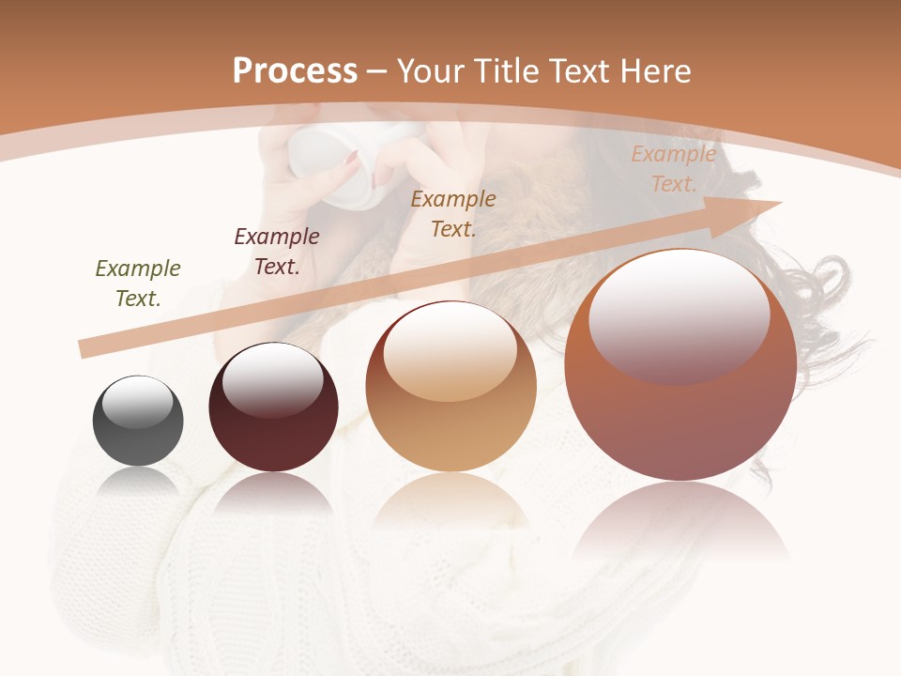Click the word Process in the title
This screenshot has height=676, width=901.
(x=295, y=71)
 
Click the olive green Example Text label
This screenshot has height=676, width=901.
(x=138, y=284)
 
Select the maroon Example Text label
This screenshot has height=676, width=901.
(x=277, y=252)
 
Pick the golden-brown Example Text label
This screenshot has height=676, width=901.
(x=453, y=214)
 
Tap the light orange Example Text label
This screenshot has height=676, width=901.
(x=673, y=169)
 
